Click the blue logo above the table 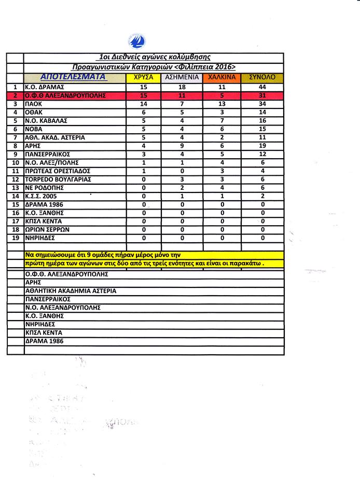pyautogui.click(x=139, y=40)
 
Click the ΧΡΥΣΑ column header pyautogui.click(x=144, y=78)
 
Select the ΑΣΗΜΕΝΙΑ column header pyautogui.click(x=181, y=78)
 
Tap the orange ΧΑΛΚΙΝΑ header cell pyautogui.click(x=222, y=78)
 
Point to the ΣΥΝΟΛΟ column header pyautogui.click(x=262, y=78)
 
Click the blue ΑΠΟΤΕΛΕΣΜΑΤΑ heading pyautogui.click(x=73, y=77)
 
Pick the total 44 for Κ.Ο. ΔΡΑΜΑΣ pyautogui.click(x=262, y=87)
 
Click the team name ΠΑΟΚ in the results pyautogui.click(x=37, y=104)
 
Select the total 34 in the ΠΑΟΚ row pyautogui.click(x=262, y=104)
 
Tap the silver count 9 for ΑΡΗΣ pyautogui.click(x=181, y=146)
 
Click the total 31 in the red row pyautogui.click(x=262, y=95)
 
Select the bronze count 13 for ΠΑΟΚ pyautogui.click(x=222, y=104)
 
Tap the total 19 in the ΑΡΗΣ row pyautogui.click(x=262, y=146)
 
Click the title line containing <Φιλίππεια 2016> pyautogui.click(x=153, y=67)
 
